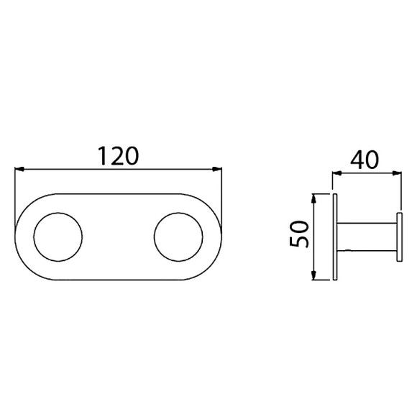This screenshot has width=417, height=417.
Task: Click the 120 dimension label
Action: pyautogui.click(x=119, y=156)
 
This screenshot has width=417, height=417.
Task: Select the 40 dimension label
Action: pyautogui.click(x=365, y=160)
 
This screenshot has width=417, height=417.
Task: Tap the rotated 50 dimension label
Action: pyautogui.click(x=300, y=234)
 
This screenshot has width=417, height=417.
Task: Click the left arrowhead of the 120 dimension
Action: pyautogui.click(x=19, y=169)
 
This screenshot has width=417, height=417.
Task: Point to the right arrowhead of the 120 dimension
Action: pyautogui.click(x=217, y=169)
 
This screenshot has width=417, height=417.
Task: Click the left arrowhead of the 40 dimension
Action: pyautogui.click(x=336, y=173)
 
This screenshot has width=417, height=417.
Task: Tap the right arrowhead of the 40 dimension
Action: pyautogui.click(x=397, y=173)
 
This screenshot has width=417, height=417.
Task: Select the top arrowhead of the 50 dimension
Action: pyautogui.click(x=314, y=198)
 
